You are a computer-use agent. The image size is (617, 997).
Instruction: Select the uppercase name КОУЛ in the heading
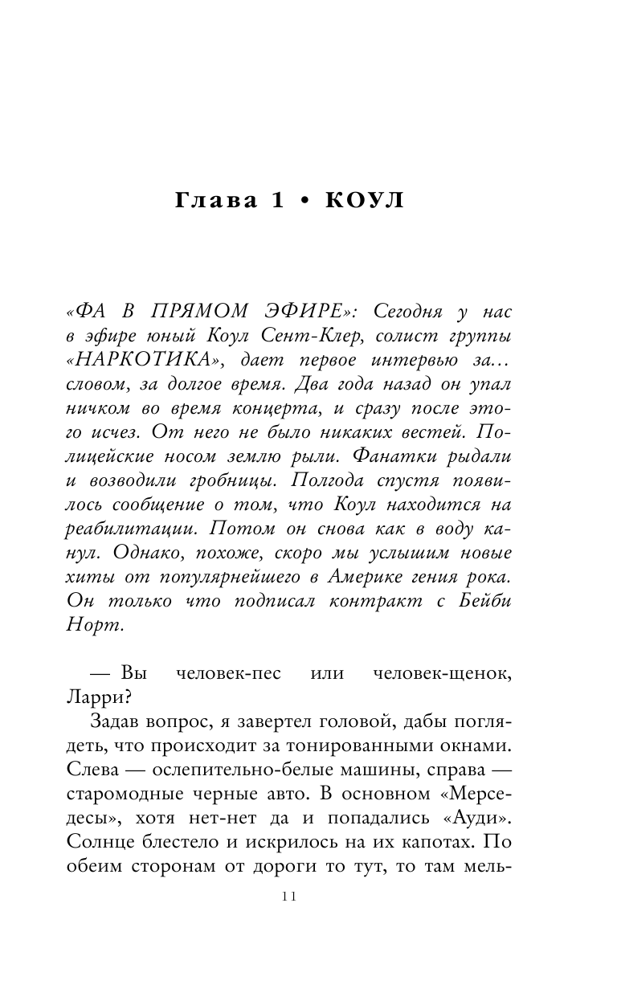363,202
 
